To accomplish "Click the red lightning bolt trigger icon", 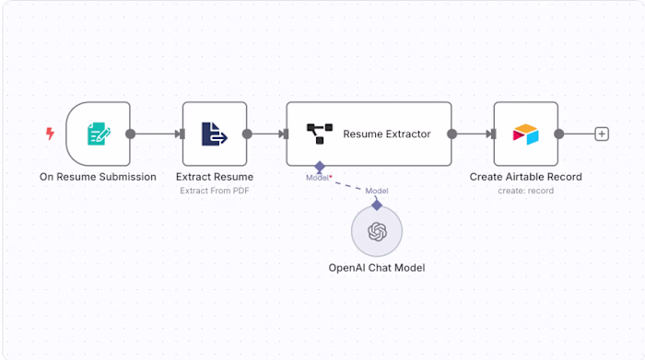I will click(50, 134).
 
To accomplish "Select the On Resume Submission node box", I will click(98, 134).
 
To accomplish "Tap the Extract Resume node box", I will click(214, 134).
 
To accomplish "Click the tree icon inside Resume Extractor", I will click(319, 134).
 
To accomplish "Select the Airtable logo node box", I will click(525, 134).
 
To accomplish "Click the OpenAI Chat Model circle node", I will click(377, 231).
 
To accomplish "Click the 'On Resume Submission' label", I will click(98, 177).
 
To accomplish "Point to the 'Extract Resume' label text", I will click(215, 177).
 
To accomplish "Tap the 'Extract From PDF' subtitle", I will click(215, 191).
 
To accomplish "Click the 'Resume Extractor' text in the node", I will click(386, 134).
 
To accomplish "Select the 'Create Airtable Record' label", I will click(525, 177).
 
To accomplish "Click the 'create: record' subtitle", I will click(525, 191).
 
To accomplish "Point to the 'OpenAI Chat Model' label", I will click(377, 269).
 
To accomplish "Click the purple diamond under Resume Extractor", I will click(319, 168).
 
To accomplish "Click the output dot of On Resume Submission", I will click(131, 134).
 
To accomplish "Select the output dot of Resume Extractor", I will click(451, 134).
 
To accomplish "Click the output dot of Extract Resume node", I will click(247, 134).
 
